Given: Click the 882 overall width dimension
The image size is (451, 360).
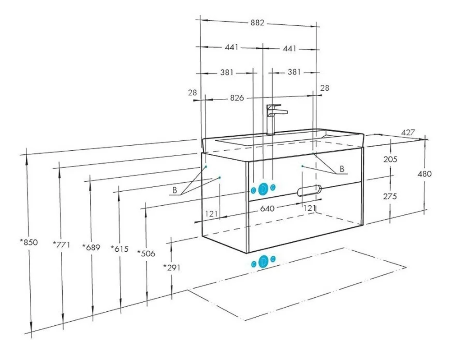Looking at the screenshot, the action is click(257, 23).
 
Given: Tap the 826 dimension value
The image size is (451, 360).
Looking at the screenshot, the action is click(237, 98).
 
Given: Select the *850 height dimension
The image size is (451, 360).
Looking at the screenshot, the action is click(29, 242).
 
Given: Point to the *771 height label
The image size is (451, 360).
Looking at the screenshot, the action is click(61, 245).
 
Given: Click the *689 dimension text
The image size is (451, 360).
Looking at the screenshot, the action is click(91, 247).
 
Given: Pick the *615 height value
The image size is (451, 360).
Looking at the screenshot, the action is click(120, 248).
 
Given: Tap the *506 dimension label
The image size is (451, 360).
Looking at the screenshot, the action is click(146, 254).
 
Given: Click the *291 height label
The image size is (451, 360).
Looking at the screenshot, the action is click(172, 268).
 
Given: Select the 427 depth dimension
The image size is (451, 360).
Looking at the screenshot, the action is click(408, 132).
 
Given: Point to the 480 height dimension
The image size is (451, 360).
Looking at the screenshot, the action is click(424, 174).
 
